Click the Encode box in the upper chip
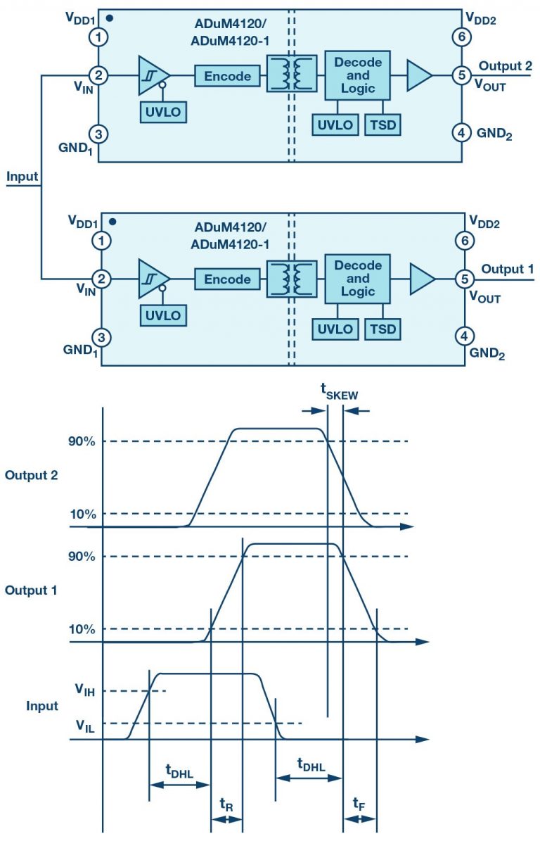[226, 75]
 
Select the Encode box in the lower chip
[226, 279]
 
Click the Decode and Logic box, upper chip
[358, 75]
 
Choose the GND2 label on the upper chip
[494, 132]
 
